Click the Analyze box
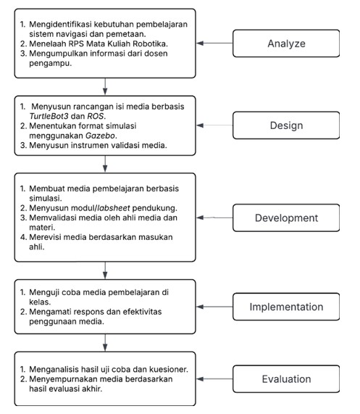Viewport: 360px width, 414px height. tap(286, 44)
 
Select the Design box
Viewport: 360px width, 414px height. tap(286, 125)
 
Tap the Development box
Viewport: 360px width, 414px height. tap(286, 218)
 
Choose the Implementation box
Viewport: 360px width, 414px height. tap(286, 307)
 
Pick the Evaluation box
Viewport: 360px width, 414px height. tap(286, 379)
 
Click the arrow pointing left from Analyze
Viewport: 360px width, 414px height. tap(214, 43)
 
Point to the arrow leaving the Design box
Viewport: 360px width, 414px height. tap(214, 125)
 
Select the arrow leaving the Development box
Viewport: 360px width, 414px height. tap(214, 218)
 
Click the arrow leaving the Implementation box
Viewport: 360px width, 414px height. tap(214, 307)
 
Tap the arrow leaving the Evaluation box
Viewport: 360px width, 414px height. tap(214, 379)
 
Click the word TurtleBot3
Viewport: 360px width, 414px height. tap(49, 116)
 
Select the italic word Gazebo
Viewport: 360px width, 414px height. tap(101, 136)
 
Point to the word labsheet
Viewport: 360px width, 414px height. tap(114, 208)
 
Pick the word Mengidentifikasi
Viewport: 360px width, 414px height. tap(60, 25)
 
